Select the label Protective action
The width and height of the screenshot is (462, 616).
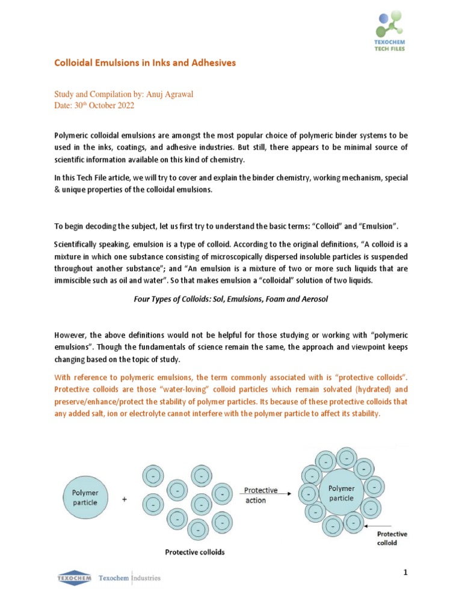click(260, 495)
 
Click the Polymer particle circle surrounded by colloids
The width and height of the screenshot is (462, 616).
click(341, 493)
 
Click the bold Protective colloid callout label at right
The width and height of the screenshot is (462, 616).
click(392, 538)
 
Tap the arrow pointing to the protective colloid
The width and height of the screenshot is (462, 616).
click(386, 525)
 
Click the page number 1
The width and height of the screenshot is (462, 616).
click(405, 573)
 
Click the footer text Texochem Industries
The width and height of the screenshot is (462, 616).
click(130, 578)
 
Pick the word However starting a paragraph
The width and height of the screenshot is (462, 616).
click(72, 333)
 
